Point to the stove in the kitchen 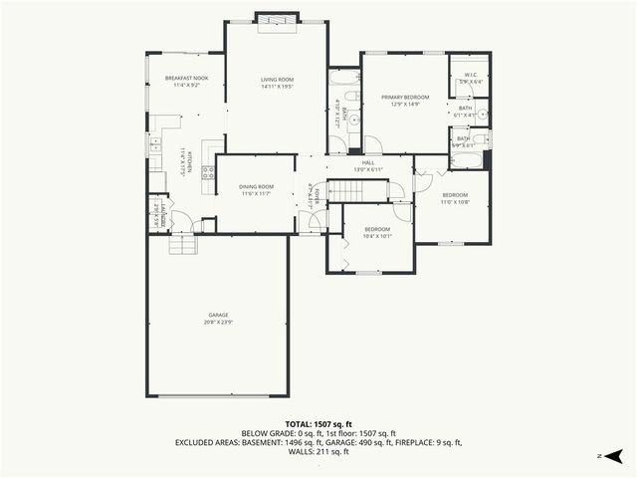click(x=209, y=171)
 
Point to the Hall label click(x=368, y=163)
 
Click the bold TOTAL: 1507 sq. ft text click(x=318, y=424)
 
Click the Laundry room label click(x=155, y=214)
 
